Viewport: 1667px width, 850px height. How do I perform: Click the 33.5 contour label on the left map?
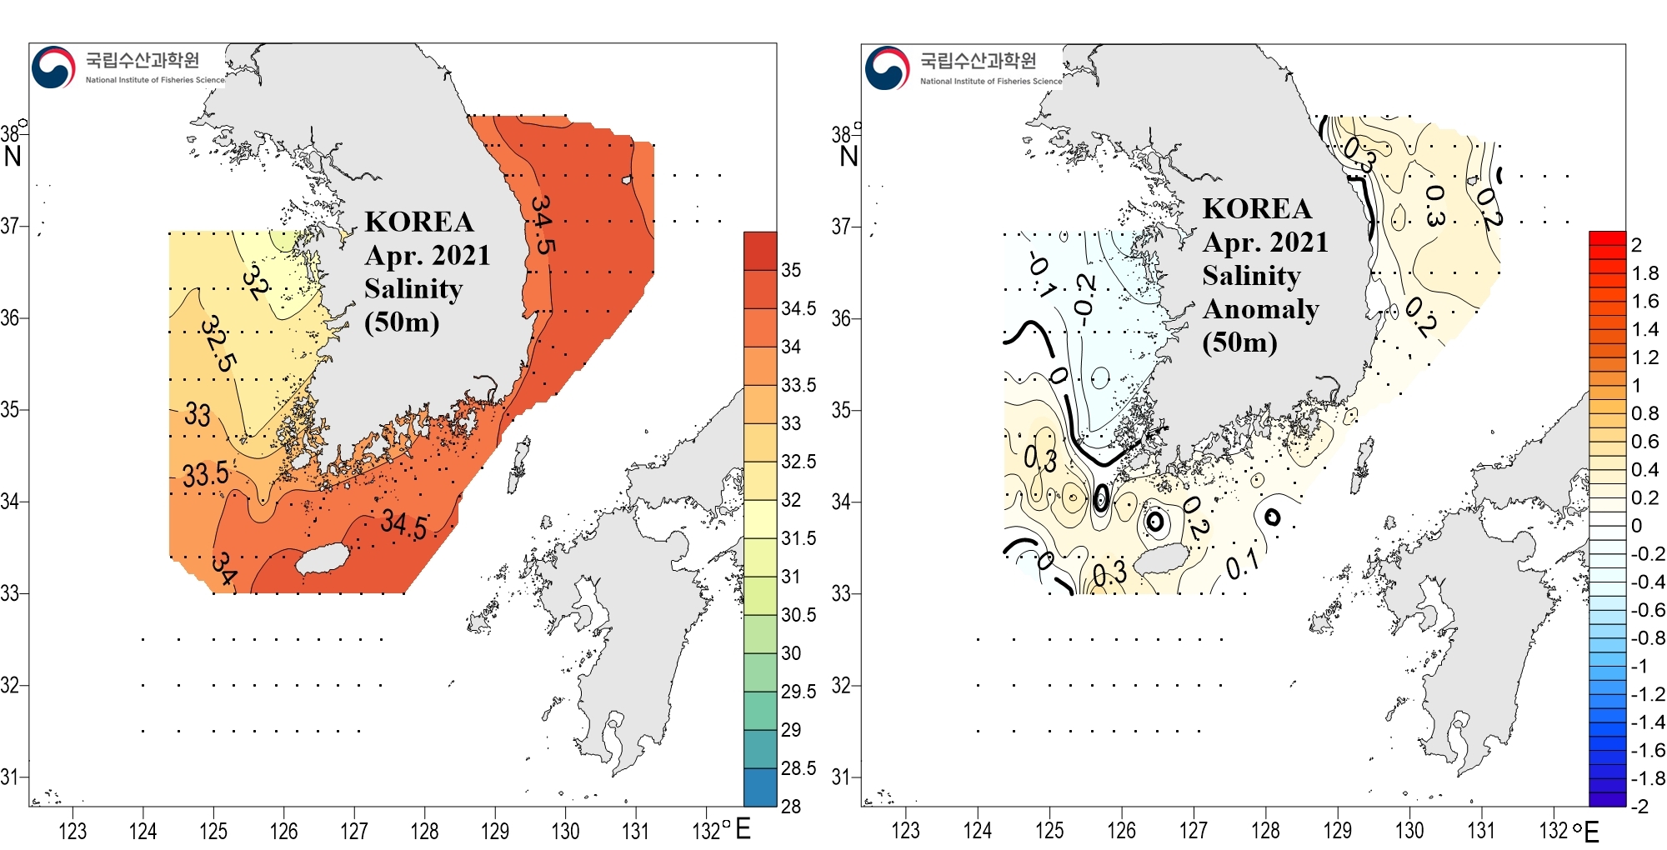tap(205, 474)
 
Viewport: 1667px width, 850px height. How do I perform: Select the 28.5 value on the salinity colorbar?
tap(798, 768)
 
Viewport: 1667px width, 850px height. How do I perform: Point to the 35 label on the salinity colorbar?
tap(791, 270)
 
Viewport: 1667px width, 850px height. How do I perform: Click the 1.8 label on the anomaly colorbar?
tap(1644, 273)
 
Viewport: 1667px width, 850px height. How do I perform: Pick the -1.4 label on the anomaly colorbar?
tap(1647, 722)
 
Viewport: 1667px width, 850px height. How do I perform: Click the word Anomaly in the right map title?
tap(1260, 309)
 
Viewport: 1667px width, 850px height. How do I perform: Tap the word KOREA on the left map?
tap(419, 222)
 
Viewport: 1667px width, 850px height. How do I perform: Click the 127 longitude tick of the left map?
tap(354, 831)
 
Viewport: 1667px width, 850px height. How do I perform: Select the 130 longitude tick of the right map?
tap(1409, 831)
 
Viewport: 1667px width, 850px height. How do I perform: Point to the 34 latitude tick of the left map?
tap(10, 502)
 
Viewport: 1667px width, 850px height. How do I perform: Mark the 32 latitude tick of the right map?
tap(841, 686)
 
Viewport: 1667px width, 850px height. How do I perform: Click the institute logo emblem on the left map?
tap(53, 67)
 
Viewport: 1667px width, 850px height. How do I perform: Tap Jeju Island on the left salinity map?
tap(326, 560)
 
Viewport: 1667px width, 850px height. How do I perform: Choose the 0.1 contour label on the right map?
tap(1242, 567)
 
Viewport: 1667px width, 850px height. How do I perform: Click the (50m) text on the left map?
tap(402, 322)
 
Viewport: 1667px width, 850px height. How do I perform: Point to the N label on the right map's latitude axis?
tap(849, 156)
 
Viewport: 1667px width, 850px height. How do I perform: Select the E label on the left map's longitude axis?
tap(742, 829)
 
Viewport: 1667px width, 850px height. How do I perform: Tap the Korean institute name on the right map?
tap(978, 60)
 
